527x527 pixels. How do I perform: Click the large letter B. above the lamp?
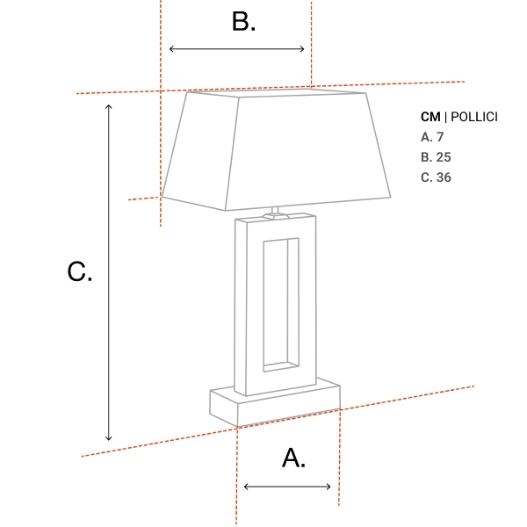click(x=243, y=22)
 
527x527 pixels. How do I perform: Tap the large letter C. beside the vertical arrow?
click(x=79, y=272)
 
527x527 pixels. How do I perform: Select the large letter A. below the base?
click(x=293, y=458)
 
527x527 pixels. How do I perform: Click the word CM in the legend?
click(x=430, y=117)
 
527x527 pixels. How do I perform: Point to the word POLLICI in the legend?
click(x=474, y=117)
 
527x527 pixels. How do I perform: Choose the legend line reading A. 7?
click(x=432, y=137)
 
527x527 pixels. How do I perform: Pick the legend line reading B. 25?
click(x=436, y=157)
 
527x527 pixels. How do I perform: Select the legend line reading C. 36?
click(x=436, y=177)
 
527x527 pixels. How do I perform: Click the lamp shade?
click(x=277, y=149)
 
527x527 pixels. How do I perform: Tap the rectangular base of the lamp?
click(x=274, y=403)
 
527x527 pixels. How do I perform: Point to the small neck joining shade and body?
click(x=275, y=211)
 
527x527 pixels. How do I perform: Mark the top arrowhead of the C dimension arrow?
click(x=109, y=106)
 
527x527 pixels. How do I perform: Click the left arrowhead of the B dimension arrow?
click(x=171, y=48)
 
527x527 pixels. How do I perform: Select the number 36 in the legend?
click(x=444, y=177)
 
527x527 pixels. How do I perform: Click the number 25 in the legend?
click(x=444, y=157)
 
